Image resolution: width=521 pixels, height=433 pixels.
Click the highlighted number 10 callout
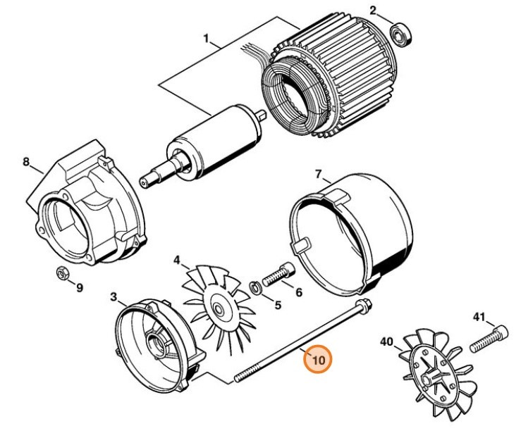[x=318, y=360]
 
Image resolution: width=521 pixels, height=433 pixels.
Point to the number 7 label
[x=318, y=174]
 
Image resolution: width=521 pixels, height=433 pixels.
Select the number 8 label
[x=26, y=163]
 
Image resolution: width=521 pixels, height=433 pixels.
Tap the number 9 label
[x=80, y=287]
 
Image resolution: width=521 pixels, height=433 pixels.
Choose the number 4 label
[x=178, y=260]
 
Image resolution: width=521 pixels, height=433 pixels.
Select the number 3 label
[x=114, y=298]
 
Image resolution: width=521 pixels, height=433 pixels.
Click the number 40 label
[x=386, y=341]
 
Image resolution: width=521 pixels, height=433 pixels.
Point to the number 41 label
[x=479, y=318]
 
